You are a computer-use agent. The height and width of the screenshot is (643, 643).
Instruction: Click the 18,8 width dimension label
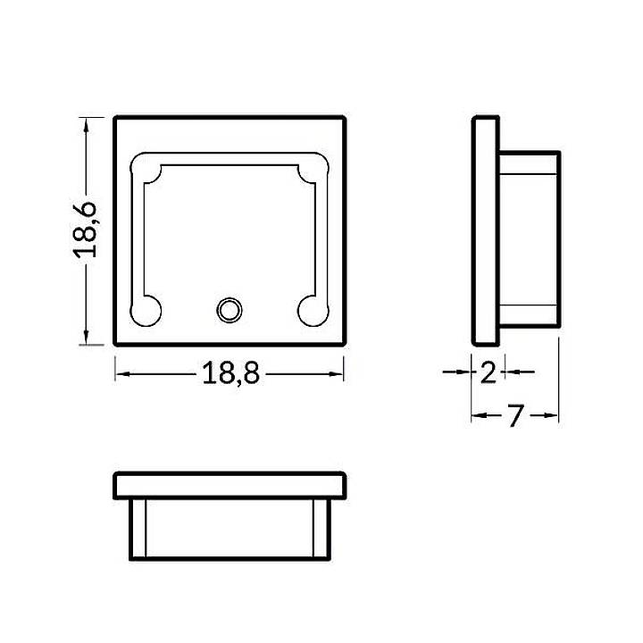coord(230,374)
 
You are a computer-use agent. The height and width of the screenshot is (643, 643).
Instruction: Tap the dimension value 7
coord(514,416)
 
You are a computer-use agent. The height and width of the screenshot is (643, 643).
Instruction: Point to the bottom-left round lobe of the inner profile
coord(146,310)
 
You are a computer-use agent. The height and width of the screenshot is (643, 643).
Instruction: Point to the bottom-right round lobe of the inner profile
coord(313,310)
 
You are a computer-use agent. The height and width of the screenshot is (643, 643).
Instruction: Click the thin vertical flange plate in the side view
coord(485,230)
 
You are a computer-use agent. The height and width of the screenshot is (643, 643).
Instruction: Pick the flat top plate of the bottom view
coord(229,485)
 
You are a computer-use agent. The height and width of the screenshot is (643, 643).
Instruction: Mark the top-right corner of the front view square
coord(344,117)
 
